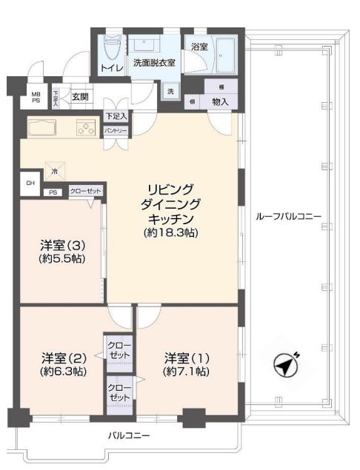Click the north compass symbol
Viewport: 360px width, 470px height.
(285, 365)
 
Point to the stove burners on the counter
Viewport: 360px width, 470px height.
(85, 128)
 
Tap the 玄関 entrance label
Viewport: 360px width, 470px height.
(80, 95)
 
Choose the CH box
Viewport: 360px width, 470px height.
(30, 183)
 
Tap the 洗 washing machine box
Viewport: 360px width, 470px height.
(170, 91)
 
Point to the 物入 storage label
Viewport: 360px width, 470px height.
(220, 101)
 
